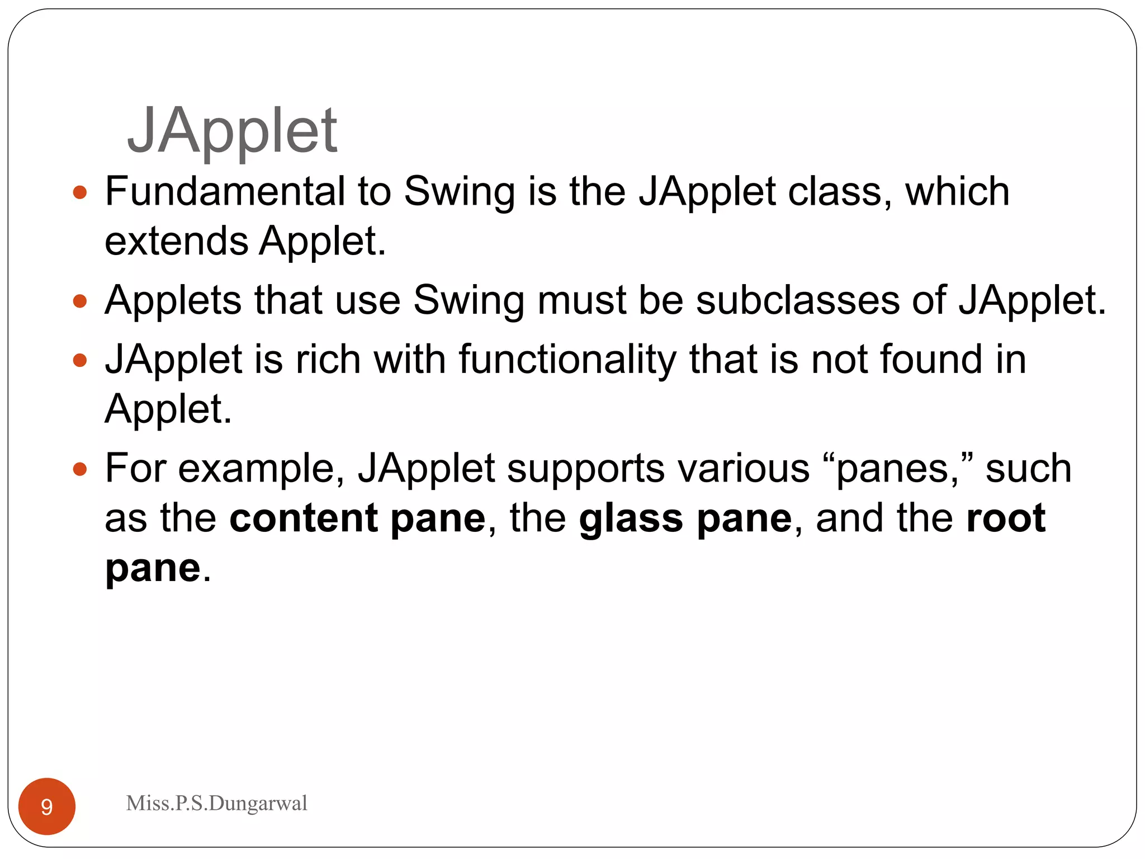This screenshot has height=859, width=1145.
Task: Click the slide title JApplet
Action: click(232, 131)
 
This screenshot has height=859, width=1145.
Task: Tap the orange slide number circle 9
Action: click(47, 806)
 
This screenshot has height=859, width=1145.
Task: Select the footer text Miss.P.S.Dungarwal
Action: click(216, 803)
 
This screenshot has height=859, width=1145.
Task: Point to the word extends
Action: click(176, 242)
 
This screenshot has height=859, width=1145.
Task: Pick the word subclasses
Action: click(797, 300)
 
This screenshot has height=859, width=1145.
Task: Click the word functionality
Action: click(567, 360)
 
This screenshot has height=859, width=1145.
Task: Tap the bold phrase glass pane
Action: click(685, 518)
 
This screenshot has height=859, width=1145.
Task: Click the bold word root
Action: click(1006, 518)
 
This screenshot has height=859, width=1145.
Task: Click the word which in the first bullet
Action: click(957, 191)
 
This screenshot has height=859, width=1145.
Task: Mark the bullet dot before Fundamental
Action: click(80, 193)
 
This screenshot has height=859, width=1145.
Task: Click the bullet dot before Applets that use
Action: click(80, 302)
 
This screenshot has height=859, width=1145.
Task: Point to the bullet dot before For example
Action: click(80, 469)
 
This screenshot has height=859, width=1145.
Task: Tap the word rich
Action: click(328, 359)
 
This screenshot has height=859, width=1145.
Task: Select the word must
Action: click(581, 300)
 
